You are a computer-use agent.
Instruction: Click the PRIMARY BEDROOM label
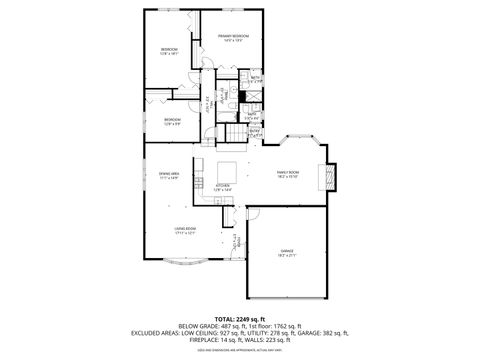[x=233, y=35]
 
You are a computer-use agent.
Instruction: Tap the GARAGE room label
[x=287, y=250]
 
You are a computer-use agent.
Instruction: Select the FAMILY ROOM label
[x=289, y=172]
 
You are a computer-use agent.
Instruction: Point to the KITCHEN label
[x=223, y=185]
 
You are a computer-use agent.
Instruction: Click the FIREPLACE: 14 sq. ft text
[x=212, y=340]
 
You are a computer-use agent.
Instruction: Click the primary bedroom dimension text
[x=233, y=41]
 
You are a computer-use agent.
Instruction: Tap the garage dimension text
[x=287, y=256]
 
